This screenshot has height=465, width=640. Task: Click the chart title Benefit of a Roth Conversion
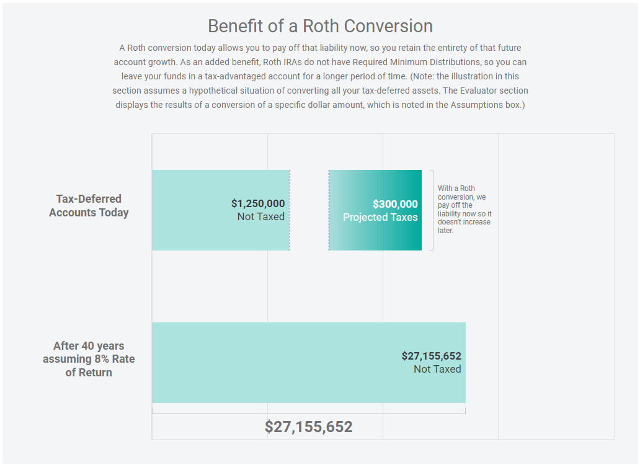(320, 26)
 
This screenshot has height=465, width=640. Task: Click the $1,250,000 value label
(258, 203)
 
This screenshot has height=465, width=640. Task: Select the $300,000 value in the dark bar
(395, 204)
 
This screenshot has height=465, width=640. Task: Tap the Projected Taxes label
(380, 217)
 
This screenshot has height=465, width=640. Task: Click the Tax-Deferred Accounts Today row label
(89, 206)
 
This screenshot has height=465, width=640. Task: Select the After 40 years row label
(89, 359)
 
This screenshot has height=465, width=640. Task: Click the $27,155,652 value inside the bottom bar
(431, 356)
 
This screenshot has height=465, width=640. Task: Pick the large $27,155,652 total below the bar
(308, 427)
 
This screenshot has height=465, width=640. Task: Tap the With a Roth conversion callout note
(464, 210)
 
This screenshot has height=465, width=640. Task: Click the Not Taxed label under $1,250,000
(260, 217)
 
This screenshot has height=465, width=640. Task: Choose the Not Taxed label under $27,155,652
(437, 370)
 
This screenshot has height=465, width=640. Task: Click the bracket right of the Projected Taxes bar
(432, 210)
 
